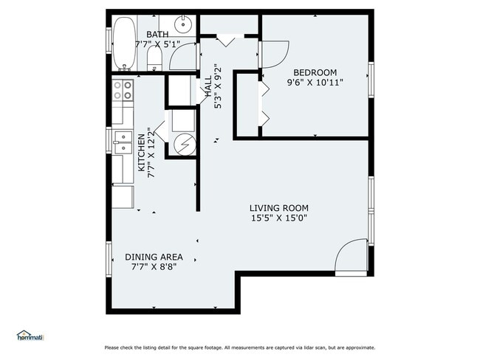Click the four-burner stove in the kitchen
coord(123,90)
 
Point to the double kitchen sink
coord(123,142)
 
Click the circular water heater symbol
coord(185,144)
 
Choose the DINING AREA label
coord(154,257)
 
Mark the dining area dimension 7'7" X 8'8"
coord(154,267)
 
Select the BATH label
coord(157,35)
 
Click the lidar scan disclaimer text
coord(240,347)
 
